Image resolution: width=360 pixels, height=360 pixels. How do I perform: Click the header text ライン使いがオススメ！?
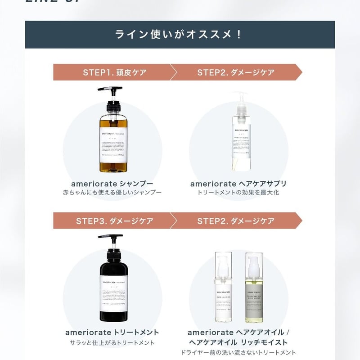pyautogui.click(x=179, y=35)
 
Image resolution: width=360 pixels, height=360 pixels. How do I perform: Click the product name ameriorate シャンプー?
pyautogui.click(x=112, y=184)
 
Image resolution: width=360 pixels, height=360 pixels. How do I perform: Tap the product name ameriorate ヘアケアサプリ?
pyautogui.click(x=238, y=184)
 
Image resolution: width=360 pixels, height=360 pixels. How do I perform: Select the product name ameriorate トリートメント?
pyautogui.click(x=112, y=333)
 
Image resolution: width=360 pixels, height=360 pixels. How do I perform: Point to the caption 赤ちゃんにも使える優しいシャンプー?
pyautogui.click(x=112, y=193)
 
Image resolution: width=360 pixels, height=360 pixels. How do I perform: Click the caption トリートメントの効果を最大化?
pyautogui.click(x=238, y=193)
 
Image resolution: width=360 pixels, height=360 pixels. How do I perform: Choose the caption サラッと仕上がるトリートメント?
pyautogui.click(x=112, y=342)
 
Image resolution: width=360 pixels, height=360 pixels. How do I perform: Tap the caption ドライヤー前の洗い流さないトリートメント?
pyautogui.click(x=238, y=352)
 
